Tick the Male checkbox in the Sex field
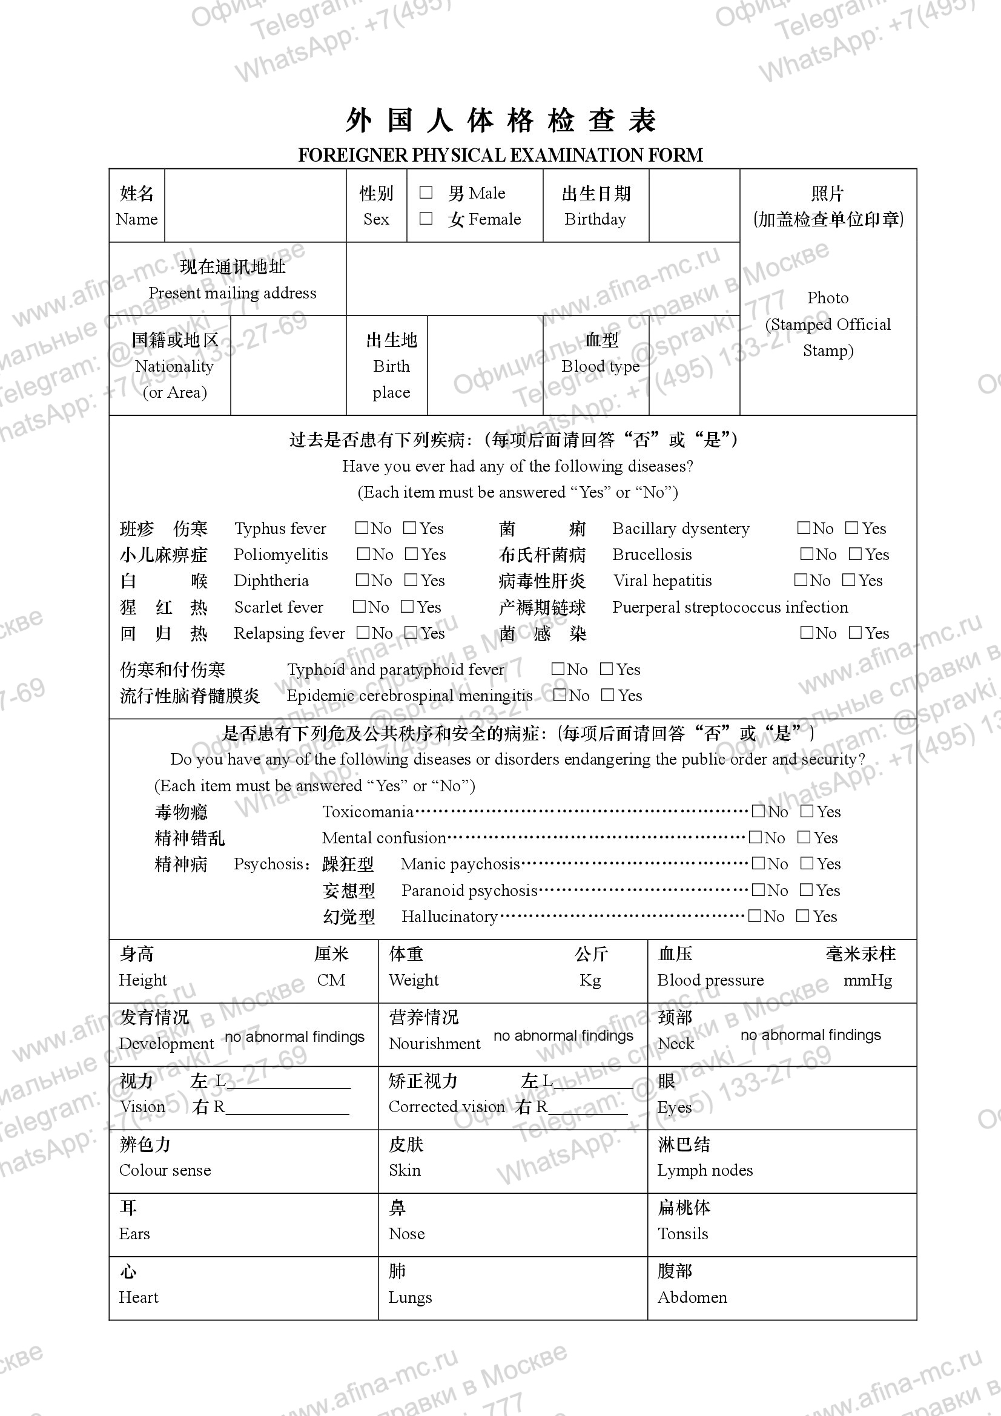tap(426, 193)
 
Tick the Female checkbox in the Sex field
tap(426, 219)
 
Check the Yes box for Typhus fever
tap(409, 528)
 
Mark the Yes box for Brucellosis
tap(855, 554)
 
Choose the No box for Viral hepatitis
tap(801, 580)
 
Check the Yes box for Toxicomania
tap(807, 812)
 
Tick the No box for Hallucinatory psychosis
tap(755, 916)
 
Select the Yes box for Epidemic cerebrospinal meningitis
tap(608, 695)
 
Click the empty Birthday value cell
tap(694, 205)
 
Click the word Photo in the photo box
tap(828, 298)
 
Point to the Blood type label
tap(600, 366)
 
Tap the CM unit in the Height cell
tap(331, 980)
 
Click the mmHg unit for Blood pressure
tap(867, 980)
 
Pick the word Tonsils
tap(682, 1233)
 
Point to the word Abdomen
tap(692, 1297)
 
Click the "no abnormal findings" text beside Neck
tap(810, 1035)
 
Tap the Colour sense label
tap(165, 1170)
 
